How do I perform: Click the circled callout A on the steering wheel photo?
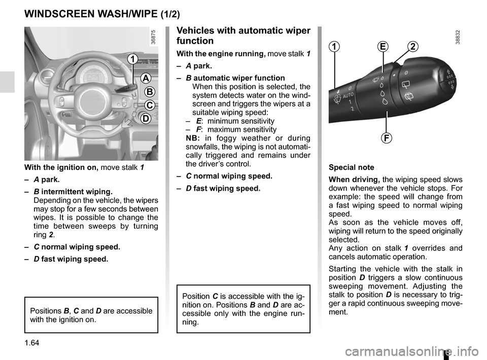pos(145,78)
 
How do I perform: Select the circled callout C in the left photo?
pos(150,105)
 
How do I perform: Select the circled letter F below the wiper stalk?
pos(387,137)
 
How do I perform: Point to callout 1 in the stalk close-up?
pos(335,47)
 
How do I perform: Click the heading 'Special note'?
pos(351,167)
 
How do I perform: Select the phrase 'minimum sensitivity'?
pos(241,121)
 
